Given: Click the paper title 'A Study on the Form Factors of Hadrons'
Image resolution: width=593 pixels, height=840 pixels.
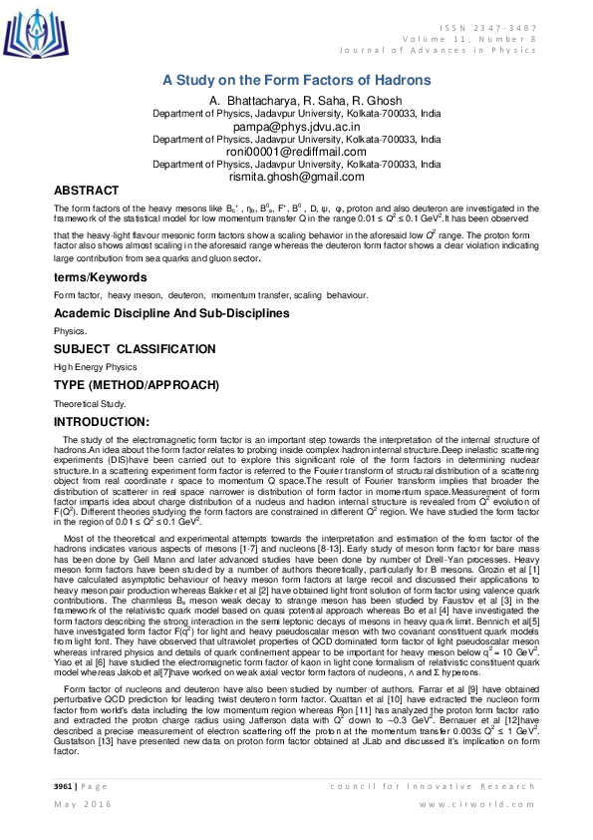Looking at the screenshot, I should [296, 80].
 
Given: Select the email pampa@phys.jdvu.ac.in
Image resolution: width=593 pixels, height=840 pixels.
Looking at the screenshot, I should [296, 128].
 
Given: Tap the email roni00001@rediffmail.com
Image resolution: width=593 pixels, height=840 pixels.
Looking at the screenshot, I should [296, 152].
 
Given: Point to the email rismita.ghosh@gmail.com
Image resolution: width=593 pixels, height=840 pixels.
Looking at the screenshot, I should [296, 176].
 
